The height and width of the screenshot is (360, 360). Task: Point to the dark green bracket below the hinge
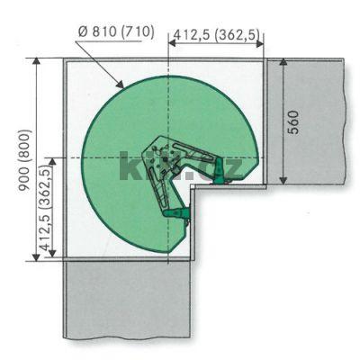point(179,213)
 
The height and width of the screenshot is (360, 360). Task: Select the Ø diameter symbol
point(83,32)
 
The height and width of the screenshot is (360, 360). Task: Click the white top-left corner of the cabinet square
point(76,72)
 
